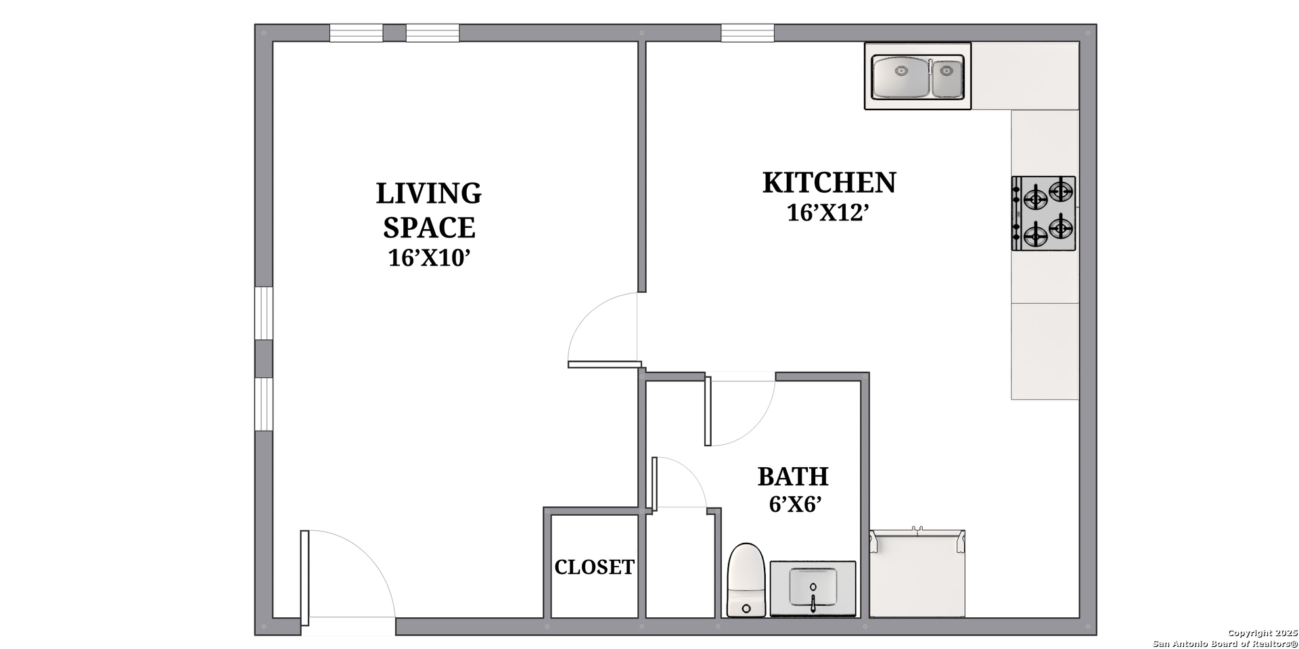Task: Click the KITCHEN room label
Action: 829,183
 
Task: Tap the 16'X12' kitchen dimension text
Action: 827,213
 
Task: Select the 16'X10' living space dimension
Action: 429,258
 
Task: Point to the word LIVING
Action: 429,193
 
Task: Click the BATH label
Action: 793,477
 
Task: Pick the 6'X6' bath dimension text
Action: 795,504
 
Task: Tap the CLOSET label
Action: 594,567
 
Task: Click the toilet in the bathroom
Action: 746,580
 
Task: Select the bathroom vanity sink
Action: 813,589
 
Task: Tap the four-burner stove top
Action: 1043,213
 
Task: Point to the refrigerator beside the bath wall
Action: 917,574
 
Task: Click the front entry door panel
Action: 304,578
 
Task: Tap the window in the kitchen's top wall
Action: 748,33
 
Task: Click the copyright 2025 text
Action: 1262,633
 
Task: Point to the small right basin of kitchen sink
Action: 947,78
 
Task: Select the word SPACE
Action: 429,228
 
